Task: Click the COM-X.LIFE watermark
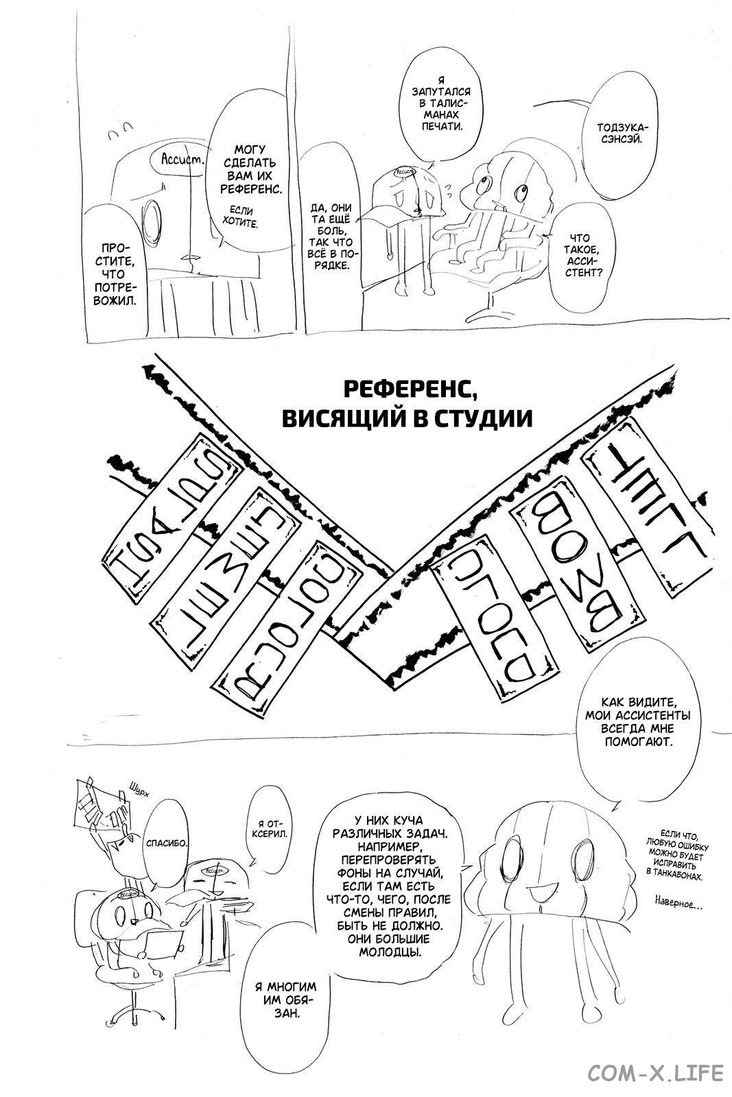pyautogui.click(x=655, y=1071)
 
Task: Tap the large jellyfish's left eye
pyautogui.click(x=514, y=856)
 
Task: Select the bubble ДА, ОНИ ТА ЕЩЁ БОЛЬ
pyautogui.click(x=331, y=237)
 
